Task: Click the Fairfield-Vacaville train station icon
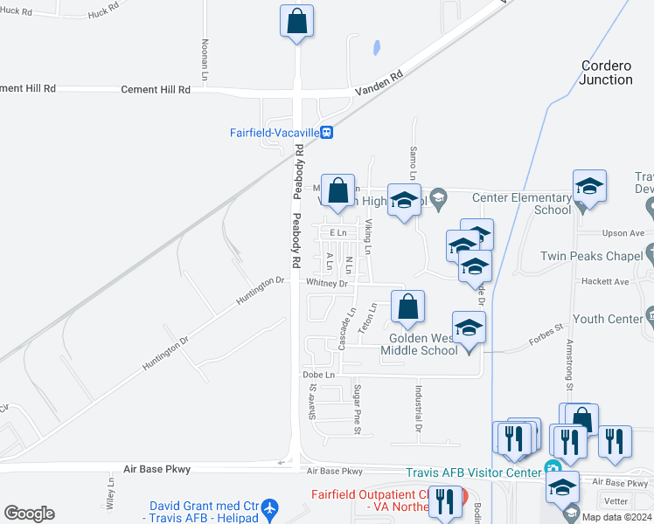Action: tap(326, 133)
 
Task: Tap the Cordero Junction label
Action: tap(606, 72)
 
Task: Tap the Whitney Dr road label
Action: tap(326, 283)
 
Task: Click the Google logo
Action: tap(29, 514)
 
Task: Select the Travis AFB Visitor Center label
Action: tap(473, 472)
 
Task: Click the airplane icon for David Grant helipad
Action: tap(269, 507)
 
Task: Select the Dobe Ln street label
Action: tap(318, 375)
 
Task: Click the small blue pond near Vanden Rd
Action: tap(376, 47)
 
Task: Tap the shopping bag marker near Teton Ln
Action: tap(407, 307)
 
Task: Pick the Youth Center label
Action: tap(607, 319)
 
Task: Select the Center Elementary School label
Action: tap(521, 203)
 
